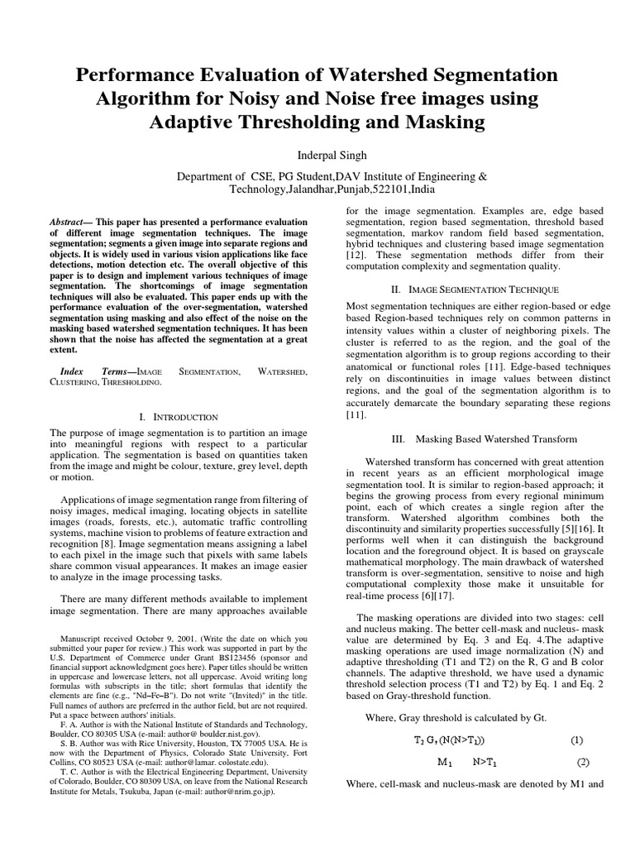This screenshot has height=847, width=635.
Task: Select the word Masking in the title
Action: [x=440, y=123]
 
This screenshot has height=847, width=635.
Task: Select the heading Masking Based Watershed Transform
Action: [x=495, y=438]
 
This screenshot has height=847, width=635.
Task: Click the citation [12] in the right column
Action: [x=356, y=256]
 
